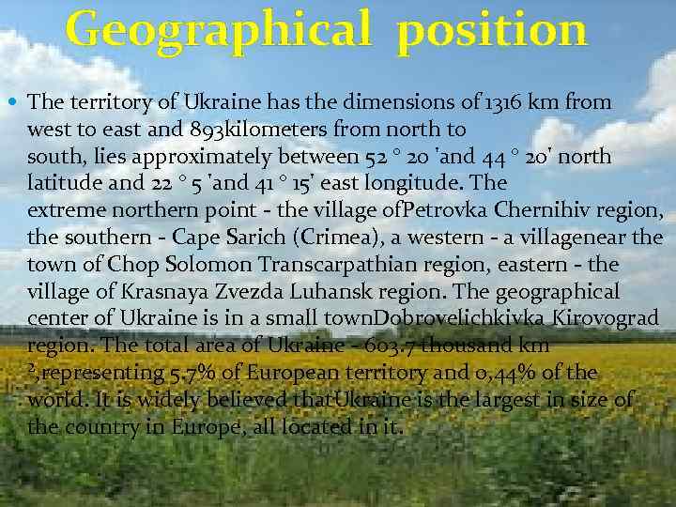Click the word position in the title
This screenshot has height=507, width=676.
point(492,31)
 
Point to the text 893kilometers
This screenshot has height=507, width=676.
point(255,129)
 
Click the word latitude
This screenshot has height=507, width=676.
point(67,183)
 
